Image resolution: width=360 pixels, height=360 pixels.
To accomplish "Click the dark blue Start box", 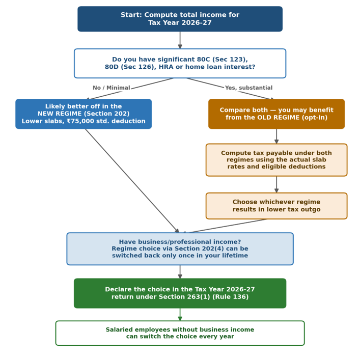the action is [x=180, y=19].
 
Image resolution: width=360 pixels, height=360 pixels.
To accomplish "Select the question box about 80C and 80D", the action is [x=180, y=63].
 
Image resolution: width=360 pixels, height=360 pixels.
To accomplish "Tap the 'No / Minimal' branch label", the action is [x=112, y=88].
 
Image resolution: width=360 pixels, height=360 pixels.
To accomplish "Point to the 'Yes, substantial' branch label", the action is [x=248, y=88].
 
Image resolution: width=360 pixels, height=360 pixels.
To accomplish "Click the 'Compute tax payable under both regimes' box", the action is [x=276, y=160].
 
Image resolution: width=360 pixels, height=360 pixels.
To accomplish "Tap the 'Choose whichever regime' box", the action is [x=276, y=206].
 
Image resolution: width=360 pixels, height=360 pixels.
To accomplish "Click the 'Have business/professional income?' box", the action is [x=180, y=249].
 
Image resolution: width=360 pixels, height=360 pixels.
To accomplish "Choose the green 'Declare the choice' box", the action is [x=180, y=293].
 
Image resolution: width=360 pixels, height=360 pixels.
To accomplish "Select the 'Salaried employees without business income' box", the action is [x=180, y=333].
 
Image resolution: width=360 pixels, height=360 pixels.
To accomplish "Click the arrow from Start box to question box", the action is [x=180, y=40].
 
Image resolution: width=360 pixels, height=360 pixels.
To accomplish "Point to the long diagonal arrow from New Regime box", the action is [x=132, y=181].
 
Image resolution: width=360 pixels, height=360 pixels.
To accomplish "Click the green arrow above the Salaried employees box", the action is [x=180, y=315].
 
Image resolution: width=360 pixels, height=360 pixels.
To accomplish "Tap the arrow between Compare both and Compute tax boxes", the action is [x=276, y=136].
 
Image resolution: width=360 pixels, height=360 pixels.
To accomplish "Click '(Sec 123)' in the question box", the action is [x=230, y=60].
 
